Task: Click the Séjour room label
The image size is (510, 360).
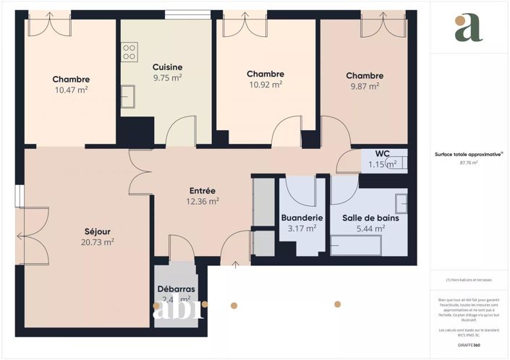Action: [97, 231]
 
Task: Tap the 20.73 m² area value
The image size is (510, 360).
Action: [97, 243]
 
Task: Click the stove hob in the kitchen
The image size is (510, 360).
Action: [129, 51]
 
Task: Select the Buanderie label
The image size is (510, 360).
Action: [302, 218]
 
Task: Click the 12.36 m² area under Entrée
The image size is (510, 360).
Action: [203, 202]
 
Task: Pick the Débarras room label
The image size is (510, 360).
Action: [177, 289]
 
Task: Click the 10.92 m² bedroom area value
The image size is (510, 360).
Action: [265, 85]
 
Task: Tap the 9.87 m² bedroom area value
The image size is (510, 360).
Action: [364, 86]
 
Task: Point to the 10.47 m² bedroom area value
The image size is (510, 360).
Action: [71, 90]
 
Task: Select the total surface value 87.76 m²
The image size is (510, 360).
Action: [469, 163]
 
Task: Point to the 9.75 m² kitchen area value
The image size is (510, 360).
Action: [167, 78]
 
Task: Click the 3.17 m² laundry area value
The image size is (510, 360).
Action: [302, 228]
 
